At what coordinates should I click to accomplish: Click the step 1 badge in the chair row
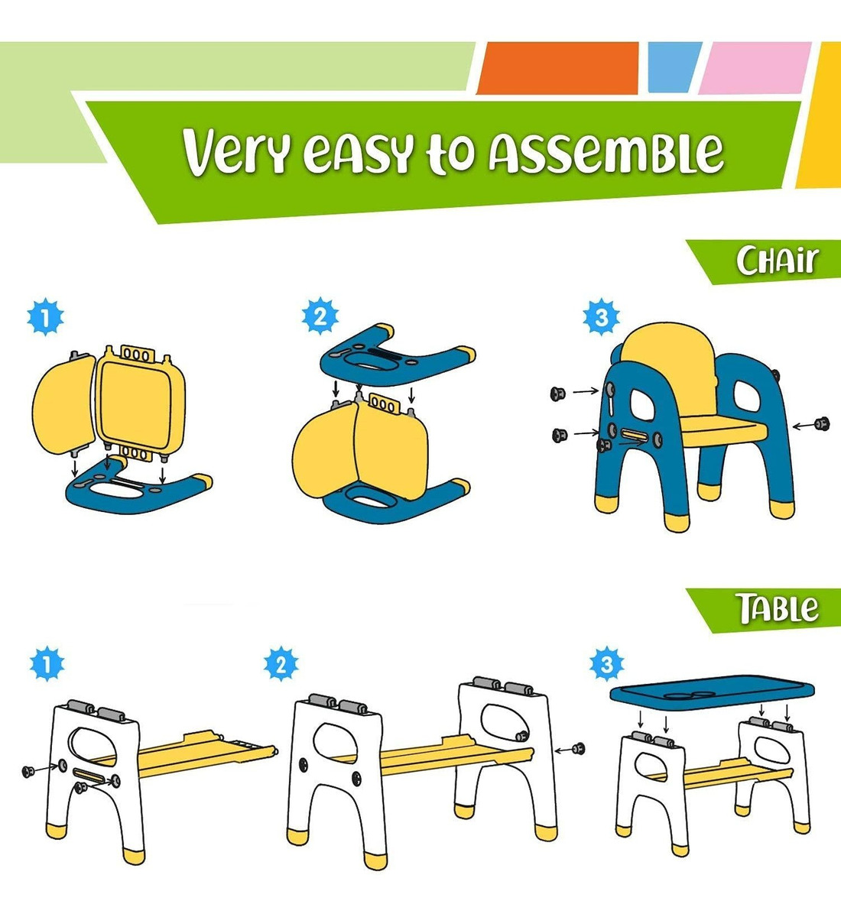tap(45, 319)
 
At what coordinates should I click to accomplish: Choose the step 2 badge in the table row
tap(281, 664)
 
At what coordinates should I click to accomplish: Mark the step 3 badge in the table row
tap(607, 664)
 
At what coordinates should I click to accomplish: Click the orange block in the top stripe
tap(557, 68)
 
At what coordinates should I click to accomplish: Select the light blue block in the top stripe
tap(674, 68)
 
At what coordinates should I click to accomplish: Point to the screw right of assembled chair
tap(822, 423)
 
